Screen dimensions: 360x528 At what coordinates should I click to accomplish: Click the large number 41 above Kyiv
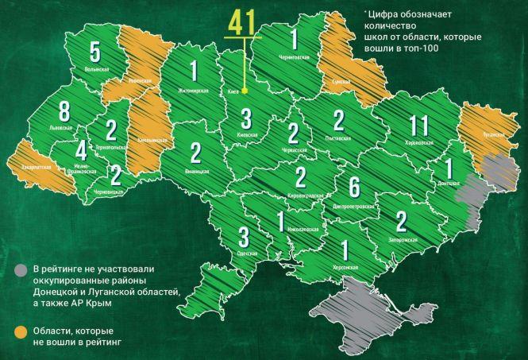click(242, 22)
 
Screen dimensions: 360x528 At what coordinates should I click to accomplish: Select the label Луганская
click(493, 135)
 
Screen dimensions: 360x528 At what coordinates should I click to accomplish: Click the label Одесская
click(247, 252)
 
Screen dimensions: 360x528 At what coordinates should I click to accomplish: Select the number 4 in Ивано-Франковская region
click(80, 152)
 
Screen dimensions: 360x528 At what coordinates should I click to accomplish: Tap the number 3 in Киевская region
click(246, 120)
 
